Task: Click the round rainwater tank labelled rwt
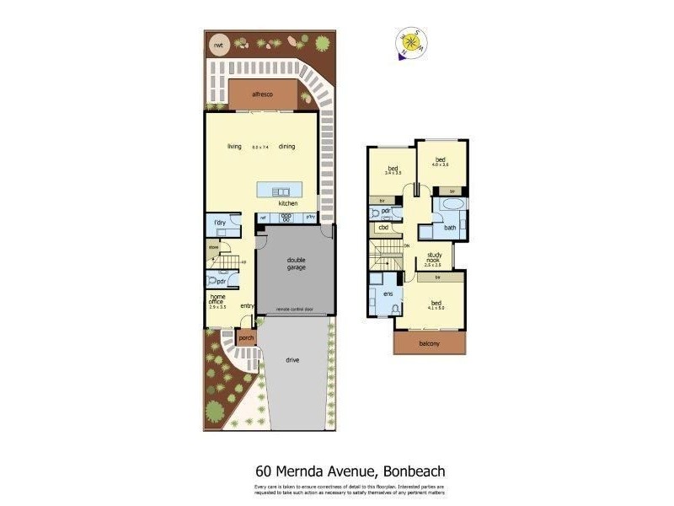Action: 218,45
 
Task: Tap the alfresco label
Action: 265,95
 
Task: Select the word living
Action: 234,147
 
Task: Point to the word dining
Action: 287,147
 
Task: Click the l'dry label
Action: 219,223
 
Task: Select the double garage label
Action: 296,264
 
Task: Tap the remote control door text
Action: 294,310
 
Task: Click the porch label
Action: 246,338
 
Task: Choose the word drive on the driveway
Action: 292,360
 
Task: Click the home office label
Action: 217,300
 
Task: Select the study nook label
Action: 435,258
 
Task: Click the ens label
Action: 388,293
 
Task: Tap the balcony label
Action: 430,344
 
